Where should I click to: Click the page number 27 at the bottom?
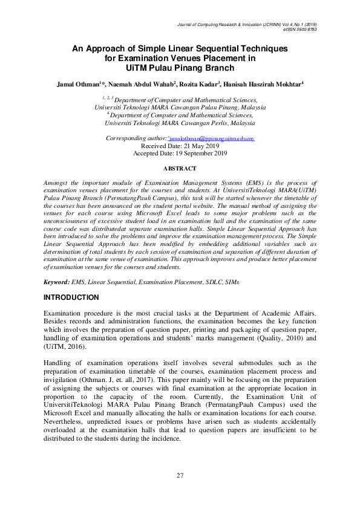pyautogui.click(x=180, y=475)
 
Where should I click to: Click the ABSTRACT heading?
pyautogui.click(x=180, y=168)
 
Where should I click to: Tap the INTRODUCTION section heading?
pyautogui.click(x=71, y=298)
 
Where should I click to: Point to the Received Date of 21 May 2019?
pyautogui.click(x=180, y=146)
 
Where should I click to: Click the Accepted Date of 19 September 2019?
pyautogui.click(x=180, y=153)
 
